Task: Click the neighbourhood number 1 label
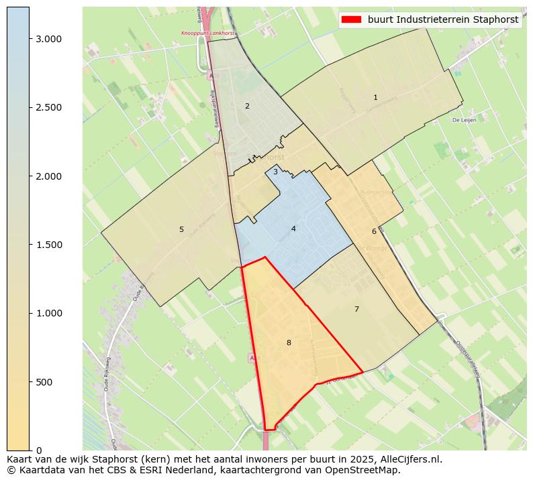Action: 375,98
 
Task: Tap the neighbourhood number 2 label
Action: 247,106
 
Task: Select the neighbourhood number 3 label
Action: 275,172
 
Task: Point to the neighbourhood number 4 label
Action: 293,229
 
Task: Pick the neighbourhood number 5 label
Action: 181,229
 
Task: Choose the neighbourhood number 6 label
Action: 374,231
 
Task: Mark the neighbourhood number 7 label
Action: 356,309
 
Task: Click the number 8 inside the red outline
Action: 289,343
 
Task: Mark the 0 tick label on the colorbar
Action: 39,450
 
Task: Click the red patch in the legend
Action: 351,19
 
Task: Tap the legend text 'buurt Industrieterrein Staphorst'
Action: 443,19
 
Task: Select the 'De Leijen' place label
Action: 464,121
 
